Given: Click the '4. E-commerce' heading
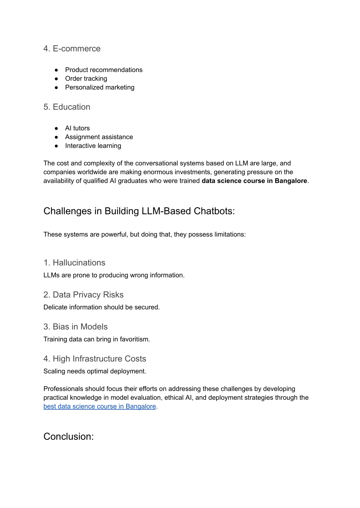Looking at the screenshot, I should (x=72, y=48).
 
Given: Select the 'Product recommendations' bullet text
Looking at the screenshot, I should (x=104, y=70).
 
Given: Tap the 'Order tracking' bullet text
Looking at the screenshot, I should (x=86, y=79).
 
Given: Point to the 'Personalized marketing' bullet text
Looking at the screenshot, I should (x=99, y=87).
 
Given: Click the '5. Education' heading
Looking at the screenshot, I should (x=67, y=107).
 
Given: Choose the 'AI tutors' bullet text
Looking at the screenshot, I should (x=77, y=128).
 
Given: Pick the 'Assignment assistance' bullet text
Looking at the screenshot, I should (x=99, y=137).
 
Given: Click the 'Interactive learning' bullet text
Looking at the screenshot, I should (x=93, y=146).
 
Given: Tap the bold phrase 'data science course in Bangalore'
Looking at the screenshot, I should (x=254, y=181).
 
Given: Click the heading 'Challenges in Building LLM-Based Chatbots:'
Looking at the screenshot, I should (x=139, y=211).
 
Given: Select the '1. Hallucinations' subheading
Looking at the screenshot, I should (x=74, y=263).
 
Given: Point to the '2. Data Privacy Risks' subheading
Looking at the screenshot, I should (x=83, y=295).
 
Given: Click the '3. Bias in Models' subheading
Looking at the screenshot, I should (x=75, y=327).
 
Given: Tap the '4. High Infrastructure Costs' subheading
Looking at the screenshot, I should (x=95, y=359).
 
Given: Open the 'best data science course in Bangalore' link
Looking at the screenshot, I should (x=99, y=406).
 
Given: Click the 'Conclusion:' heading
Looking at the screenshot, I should (x=69, y=436).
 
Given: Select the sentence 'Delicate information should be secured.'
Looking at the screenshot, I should (x=102, y=307).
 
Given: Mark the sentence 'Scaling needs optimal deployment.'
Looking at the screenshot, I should (x=95, y=371).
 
